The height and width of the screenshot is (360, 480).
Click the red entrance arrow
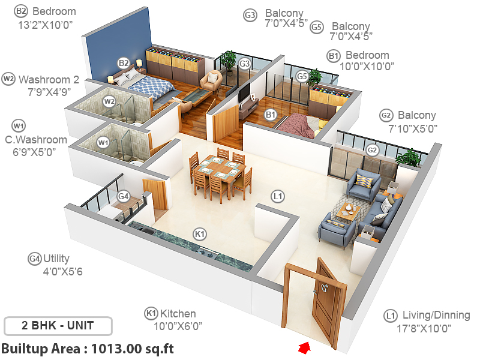point(304,347)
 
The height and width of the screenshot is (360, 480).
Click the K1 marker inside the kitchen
point(199,233)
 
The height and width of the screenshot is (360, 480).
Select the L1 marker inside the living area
point(277,196)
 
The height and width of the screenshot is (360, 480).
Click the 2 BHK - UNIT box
point(58,326)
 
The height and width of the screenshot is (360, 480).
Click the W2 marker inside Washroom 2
point(109,101)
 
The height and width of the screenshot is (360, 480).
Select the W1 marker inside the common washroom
point(103,143)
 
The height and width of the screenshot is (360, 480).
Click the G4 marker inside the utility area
point(123,196)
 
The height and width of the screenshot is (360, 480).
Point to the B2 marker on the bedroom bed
point(123,62)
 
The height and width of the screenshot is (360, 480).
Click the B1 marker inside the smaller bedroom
point(271,115)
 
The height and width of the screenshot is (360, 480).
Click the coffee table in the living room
point(349,211)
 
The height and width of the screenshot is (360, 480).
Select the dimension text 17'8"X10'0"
point(426,328)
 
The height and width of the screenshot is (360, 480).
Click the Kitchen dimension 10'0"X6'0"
point(173,326)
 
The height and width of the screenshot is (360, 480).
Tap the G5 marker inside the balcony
point(302,76)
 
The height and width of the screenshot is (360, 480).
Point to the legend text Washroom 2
point(49,79)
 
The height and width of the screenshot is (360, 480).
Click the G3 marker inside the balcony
point(244,63)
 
